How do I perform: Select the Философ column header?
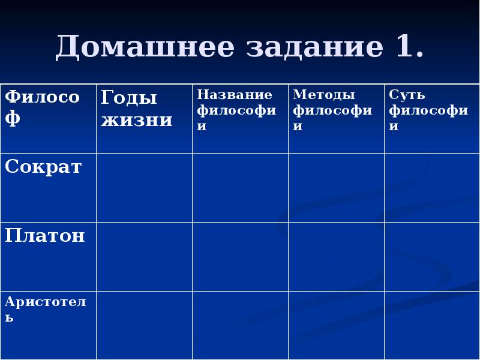point(42,107)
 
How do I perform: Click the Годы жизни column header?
point(137,108)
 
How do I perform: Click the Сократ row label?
point(43,167)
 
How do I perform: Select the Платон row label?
point(45,236)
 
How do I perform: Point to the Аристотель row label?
point(45,309)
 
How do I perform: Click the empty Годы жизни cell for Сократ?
point(144,187)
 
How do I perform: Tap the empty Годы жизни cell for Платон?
point(144,256)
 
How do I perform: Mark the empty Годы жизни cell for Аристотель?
point(144,325)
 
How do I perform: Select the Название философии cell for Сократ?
point(240,187)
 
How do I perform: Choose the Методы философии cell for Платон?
point(336,256)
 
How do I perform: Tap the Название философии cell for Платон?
point(240,256)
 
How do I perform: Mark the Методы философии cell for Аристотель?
point(336,325)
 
